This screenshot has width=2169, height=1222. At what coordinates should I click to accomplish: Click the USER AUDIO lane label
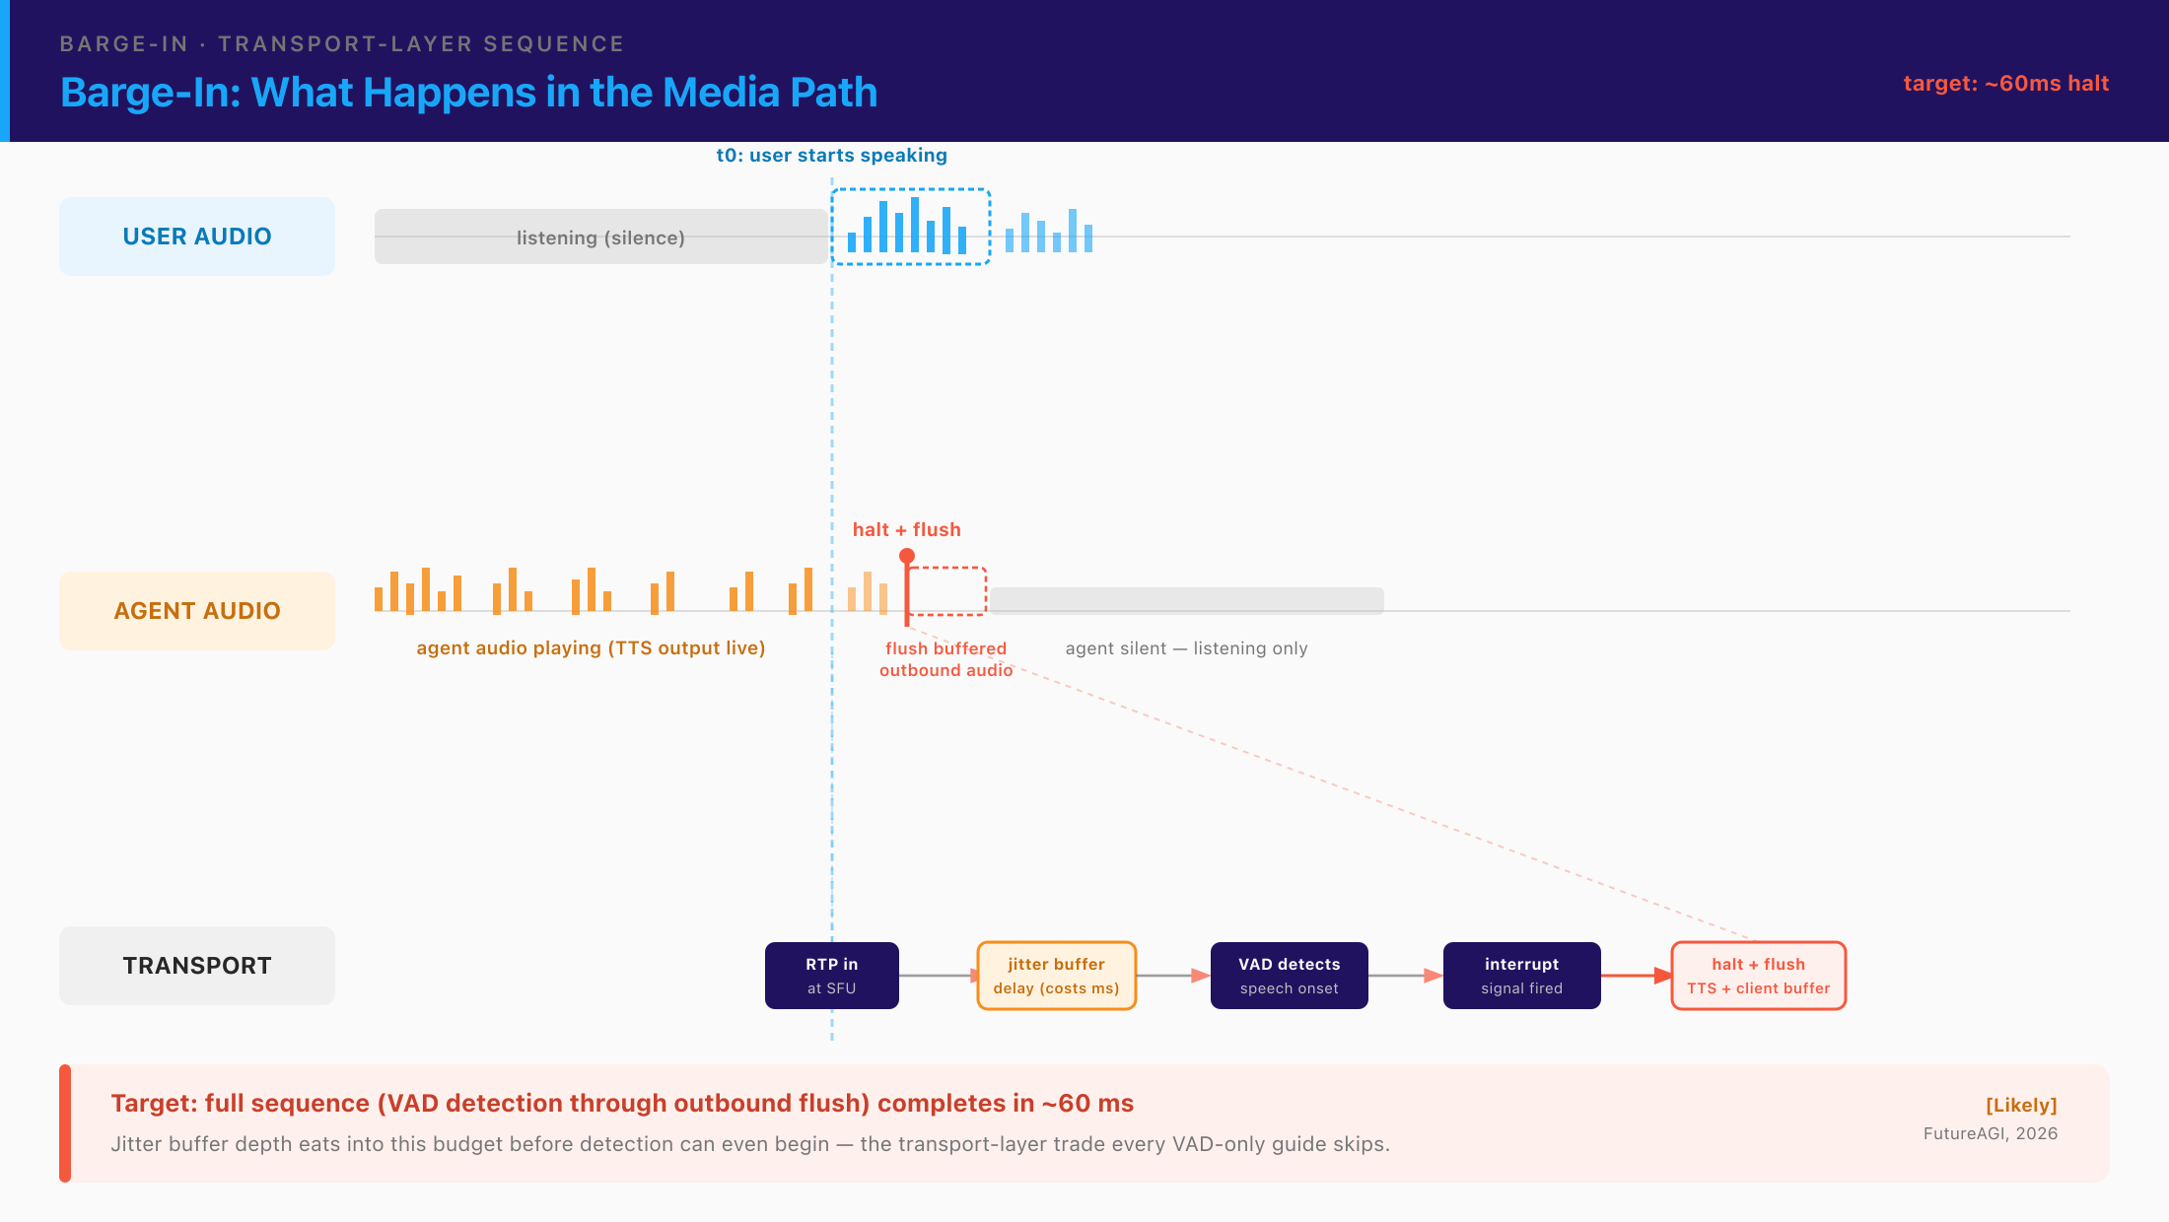(197, 237)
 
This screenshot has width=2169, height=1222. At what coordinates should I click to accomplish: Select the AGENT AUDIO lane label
(197, 611)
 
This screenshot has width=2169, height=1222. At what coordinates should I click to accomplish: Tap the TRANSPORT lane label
(197, 966)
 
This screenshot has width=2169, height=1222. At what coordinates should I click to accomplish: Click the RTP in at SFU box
(832, 976)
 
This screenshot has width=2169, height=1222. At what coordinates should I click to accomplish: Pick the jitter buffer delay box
(1057, 976)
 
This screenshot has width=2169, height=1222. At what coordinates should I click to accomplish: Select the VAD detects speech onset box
(1290, 976)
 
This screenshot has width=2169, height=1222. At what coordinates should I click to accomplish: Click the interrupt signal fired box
(1522, 976)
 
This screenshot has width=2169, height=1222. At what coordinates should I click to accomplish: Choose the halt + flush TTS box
(1759, 976)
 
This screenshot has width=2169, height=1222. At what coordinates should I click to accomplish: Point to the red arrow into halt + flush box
(1637, 976)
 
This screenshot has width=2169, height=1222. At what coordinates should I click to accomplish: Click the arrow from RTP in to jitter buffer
(939, 976)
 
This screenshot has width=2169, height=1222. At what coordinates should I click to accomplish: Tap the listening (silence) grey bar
(601, 237)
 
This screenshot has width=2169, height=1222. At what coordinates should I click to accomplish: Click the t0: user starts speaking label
(832, 156)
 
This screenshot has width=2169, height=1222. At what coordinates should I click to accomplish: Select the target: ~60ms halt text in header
(2006, 84)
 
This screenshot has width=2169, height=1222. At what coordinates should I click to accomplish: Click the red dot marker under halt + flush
(907, 556)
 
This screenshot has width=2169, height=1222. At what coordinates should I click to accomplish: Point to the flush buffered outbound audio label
(946, 659)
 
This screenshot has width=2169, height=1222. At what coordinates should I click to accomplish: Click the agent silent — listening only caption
(1187, 648)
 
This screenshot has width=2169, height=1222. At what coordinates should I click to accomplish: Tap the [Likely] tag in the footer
(2021, 1106)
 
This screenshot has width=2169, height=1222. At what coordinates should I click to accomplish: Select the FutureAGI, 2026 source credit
(1991, 1133)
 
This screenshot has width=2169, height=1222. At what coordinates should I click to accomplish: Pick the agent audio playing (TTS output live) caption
(591, 648)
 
